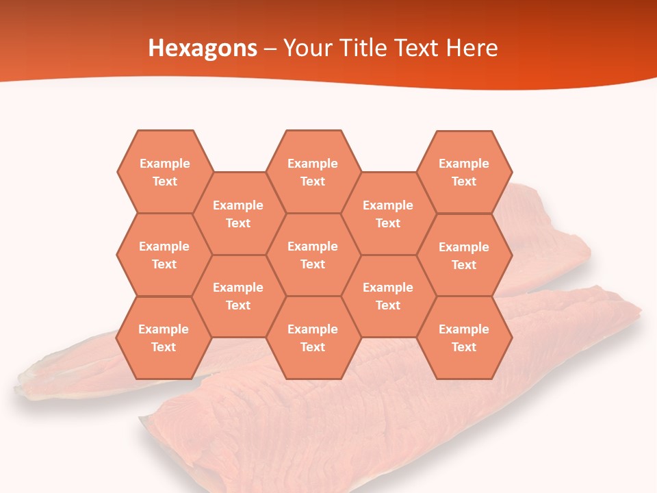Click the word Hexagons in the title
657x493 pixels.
pyautogui.click(x=203, y=48)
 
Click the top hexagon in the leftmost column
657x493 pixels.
pyautogui.click(x=164, y=172)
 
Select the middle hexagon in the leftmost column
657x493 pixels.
pyautogui.click(x=164, y=255)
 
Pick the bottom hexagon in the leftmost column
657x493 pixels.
pyautogui.click(x=164, y=338)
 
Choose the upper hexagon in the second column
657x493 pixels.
pyautogui.click(x=238, y=214)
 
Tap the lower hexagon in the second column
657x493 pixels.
pyautogui.click(x=238, y=296)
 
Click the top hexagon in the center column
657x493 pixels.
pyautogui.click(x=313, y=172)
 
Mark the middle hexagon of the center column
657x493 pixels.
pyautogui.click(x=313, y=255)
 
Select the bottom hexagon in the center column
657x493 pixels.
pyautogui.click(x=313, y=338)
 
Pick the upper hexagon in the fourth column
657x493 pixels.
pyautogui.click(x=388, y=214)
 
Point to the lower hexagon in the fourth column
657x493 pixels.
pyautogui.click(x=388, y=296)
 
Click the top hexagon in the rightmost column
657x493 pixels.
pyautogui.click(x=464, y=172)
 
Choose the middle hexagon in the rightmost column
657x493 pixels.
pyautogui.click(x=464, y=255)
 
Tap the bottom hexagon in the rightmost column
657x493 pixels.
pyautogui.click(x=464, y=338)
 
